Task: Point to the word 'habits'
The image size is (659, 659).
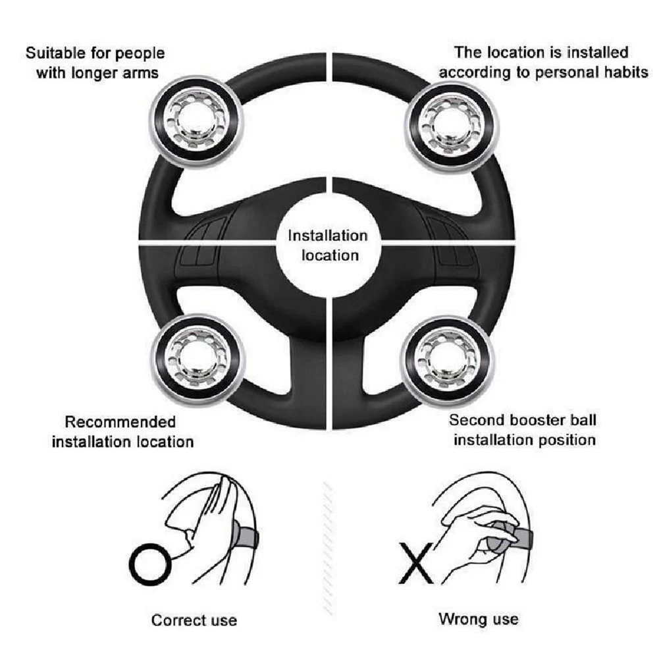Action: [x=626, y=72]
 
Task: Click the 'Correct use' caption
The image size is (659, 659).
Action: [x=194, y=619]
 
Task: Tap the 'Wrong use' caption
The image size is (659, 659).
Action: [x=478, y=619]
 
